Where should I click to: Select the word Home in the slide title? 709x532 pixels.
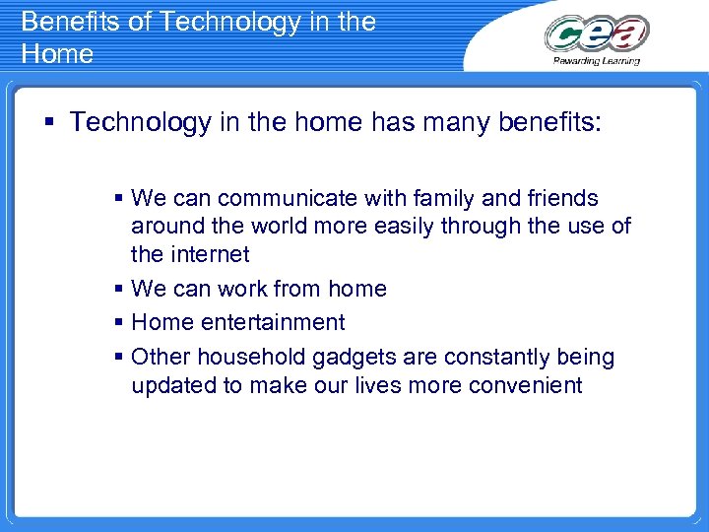point(57,53)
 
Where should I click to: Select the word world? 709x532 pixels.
point(292,227)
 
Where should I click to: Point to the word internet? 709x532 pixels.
point(209,254)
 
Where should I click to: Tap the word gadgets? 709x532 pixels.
point(372,357)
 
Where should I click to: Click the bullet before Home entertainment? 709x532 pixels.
point(119,322)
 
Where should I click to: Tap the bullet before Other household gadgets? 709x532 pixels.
point(119,357)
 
